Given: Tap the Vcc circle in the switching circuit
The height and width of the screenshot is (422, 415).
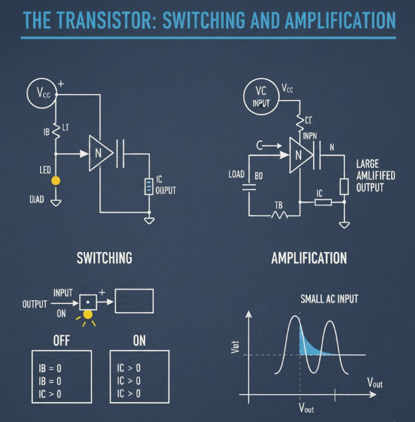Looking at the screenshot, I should (41, 93).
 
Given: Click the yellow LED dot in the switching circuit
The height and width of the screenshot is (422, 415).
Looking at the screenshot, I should (56, 181).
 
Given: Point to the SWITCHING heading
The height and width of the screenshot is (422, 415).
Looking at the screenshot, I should (105, 258).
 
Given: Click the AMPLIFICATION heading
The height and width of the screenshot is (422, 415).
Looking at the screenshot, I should (309, 258).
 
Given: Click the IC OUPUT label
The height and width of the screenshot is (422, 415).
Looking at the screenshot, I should (165, 185).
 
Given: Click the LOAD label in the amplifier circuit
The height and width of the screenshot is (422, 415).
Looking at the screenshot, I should (237, 175).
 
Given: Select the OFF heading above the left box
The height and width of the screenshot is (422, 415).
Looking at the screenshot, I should (61, 341).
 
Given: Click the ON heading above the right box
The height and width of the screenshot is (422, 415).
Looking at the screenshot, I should (139, 341).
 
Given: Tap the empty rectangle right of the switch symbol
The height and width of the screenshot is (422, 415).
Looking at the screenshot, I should (134, 301).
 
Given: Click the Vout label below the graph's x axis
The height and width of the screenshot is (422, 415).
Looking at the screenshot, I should (306, 407).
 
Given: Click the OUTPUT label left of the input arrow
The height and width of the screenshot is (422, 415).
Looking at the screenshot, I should (35, 304).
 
